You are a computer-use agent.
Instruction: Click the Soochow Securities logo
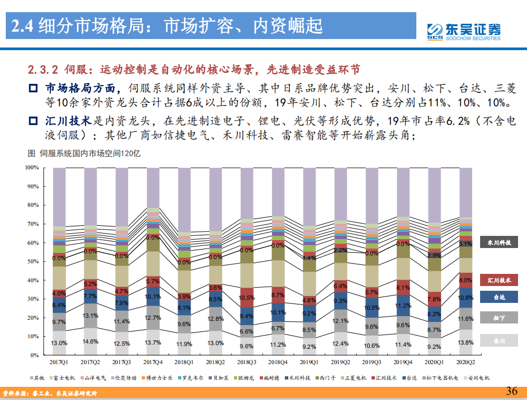(463, 31)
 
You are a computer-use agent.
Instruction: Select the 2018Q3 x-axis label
(247, 363)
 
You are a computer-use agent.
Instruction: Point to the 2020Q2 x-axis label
(465, 363)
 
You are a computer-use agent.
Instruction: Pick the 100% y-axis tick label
(31, 168)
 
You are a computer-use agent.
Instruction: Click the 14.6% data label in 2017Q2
(90, 341)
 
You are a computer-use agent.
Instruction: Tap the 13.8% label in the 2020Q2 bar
(465, 343)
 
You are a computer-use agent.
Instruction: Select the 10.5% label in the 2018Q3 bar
(247, 298)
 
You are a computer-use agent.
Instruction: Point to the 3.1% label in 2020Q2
(465, 244)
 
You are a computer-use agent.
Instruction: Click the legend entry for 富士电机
(65, 378)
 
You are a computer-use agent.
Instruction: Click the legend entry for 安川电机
(476, 378)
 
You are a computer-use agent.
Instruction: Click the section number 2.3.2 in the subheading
(44, 70)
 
